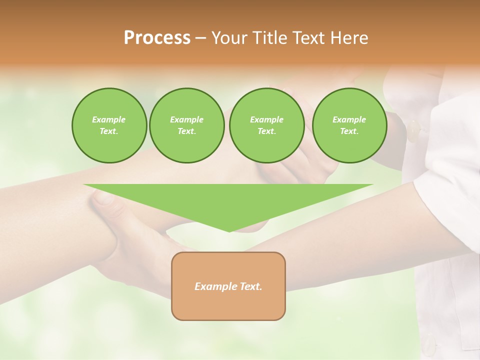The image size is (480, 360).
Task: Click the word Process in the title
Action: click(x=157, y=38)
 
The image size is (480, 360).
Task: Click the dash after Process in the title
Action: click(x=201, y=38)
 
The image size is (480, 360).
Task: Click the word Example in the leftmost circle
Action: click(x=109, y=119)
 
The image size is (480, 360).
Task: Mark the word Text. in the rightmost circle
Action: click(x=349, y=131)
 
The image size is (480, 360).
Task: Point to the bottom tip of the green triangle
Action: click(x=229, y=230)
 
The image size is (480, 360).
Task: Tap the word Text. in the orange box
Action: click(x=250, y=286)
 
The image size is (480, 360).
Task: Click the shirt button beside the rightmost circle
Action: click(x=413, y=131)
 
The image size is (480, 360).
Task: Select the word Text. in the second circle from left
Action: click(x=187, y=131)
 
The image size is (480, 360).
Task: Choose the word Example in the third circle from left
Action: click(x=267, y=119)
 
